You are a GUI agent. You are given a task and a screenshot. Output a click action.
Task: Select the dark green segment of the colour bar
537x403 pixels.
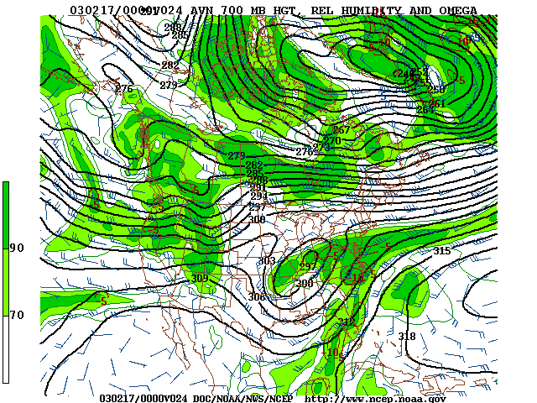point(6,214)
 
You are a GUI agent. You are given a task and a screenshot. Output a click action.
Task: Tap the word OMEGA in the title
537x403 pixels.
point(458,10)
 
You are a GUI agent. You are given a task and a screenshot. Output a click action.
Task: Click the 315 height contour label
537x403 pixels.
point(441,251)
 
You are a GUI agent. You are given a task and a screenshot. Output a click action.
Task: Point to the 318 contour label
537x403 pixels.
point(407,337)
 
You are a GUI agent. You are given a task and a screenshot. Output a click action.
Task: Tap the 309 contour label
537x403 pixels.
point(200,279)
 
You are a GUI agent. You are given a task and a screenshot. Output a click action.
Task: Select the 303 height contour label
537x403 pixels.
point(267,261)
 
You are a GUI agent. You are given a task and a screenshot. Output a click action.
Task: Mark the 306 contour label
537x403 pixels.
point(257,297)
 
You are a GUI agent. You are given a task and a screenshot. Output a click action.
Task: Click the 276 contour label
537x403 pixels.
point(124,89)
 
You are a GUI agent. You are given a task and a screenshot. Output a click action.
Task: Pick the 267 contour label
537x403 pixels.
point(341,130)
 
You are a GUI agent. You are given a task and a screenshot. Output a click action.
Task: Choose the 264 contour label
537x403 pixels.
point(425,110)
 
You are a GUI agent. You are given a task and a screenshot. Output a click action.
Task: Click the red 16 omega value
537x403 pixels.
point(357,278)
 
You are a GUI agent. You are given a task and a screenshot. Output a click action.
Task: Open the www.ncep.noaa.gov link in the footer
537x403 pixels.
point(374,398)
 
